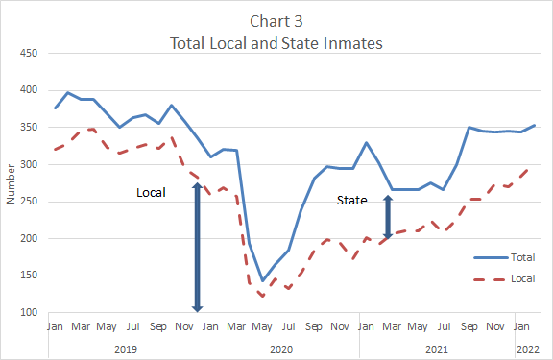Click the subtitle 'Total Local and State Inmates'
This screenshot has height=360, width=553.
(x=276, y=43)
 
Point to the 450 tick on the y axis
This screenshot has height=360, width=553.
(x=29, y=53)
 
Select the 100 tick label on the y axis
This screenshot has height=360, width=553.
(x=29, y=313)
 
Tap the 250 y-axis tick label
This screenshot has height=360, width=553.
(x=29, y=202)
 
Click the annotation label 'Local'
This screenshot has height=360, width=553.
(x=151, y=192)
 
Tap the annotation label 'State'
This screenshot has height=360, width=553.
(x=351, y=200)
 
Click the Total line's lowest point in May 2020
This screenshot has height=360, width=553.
(x=262, y=281)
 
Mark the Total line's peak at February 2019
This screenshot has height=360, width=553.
(x=67, y=93)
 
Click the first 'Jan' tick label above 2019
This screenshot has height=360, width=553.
(x=55, y=327)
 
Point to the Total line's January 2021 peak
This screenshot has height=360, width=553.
(x=366, y=142)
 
